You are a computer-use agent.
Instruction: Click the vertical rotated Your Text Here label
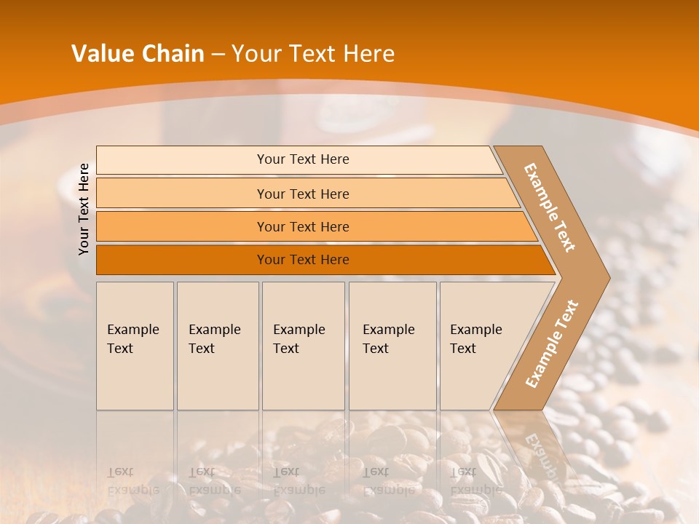click(x=84, y=209)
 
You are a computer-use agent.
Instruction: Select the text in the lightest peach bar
click(x=303, y=159)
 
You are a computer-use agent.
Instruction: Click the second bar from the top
click(x=303, y=194)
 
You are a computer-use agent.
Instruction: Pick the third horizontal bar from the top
click(x=303, y=226)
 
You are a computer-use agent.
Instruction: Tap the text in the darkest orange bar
click(x=303, y=260)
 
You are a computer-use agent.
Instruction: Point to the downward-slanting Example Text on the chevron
click(x=550, y=207)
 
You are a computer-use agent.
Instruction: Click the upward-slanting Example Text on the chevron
click(x=551, y=344)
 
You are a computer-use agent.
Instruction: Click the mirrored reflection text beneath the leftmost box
click(x=133, y=480)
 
